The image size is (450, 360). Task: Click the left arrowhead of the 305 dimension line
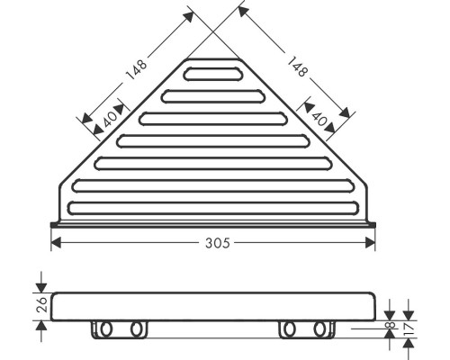pyautogui.click(x=55, y=242)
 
